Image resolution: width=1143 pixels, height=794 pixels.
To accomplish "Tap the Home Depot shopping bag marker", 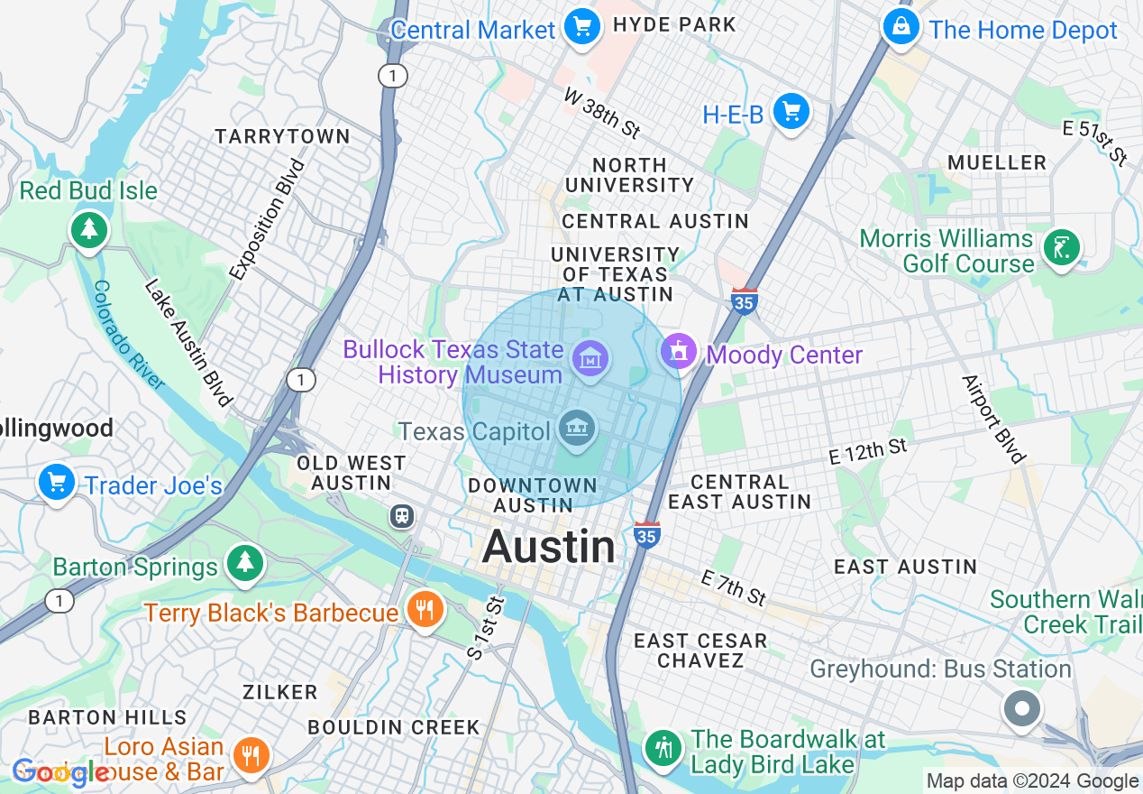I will (901, 27).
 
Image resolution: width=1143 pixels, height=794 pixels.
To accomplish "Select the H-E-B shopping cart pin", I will (791, 112).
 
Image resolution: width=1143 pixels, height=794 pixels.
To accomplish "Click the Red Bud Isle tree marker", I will (89, 229).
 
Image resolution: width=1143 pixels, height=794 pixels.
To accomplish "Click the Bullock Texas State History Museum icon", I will (590, 361).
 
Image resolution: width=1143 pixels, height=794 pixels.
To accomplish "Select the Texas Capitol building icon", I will (577, 427).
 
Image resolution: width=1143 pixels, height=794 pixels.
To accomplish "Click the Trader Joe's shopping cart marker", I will (57, 483).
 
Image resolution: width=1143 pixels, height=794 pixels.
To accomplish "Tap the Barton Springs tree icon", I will (243, 562).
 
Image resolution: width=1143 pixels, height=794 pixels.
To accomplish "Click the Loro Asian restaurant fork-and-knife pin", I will (248, 754).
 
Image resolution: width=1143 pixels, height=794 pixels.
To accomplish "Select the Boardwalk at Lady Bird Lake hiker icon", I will (663, 747).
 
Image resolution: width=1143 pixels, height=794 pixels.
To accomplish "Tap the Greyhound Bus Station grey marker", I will (1022, 708).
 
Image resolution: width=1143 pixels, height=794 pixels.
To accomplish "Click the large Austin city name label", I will (549, 547).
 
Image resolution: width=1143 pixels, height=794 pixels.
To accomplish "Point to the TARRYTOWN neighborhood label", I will (282, 136).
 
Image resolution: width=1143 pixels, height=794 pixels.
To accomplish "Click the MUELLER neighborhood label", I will (997, 162).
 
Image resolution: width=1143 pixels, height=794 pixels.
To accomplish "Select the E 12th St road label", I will (867, 451).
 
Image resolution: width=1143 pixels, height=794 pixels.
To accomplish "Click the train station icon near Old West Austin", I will (401, 516).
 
